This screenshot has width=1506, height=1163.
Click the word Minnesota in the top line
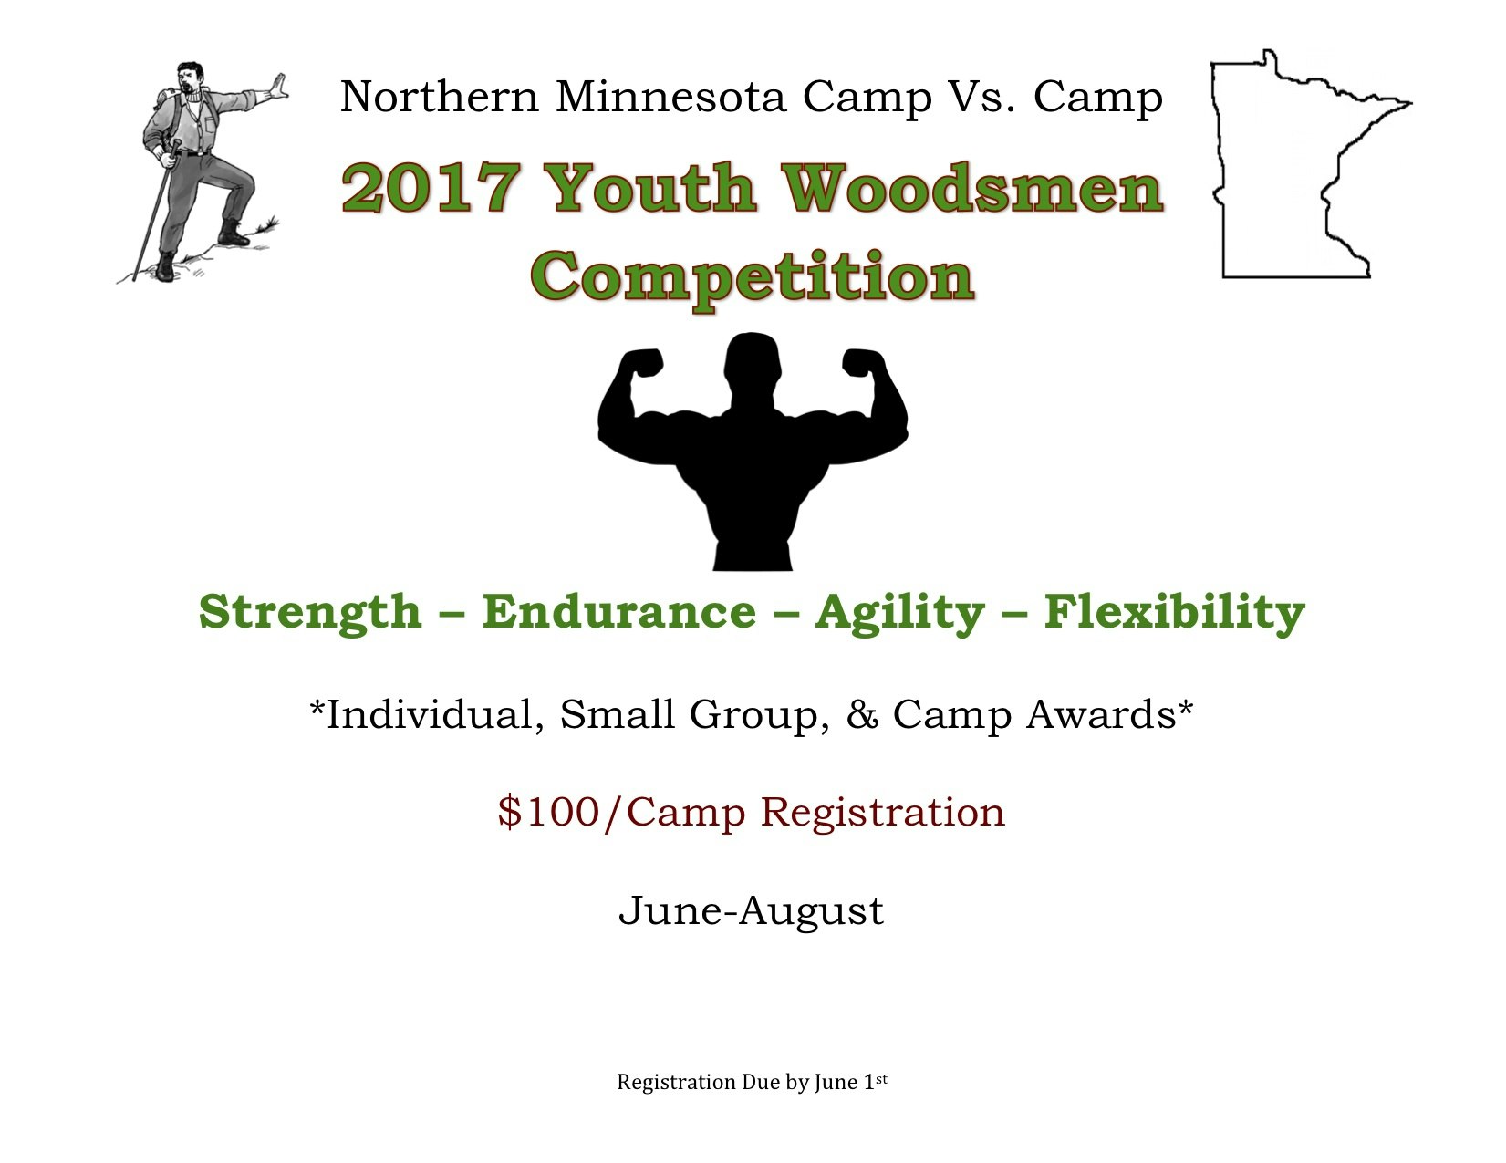(x=670, y=97)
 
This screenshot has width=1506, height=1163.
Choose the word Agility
(x=900, y=611)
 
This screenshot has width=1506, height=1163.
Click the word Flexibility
(x=1175, y=611)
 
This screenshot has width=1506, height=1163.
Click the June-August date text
(x=752, y=910)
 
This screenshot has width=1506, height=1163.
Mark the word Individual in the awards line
(x=429, y=715)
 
